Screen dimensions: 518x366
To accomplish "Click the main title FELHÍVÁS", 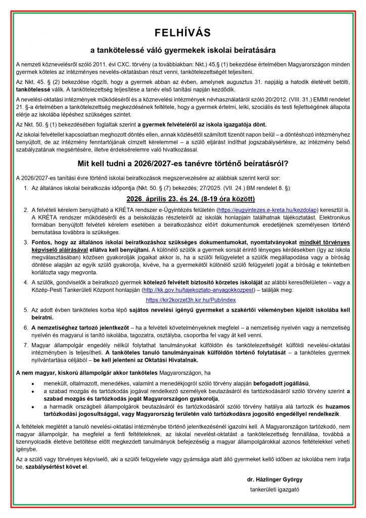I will (x=183, y=33).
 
